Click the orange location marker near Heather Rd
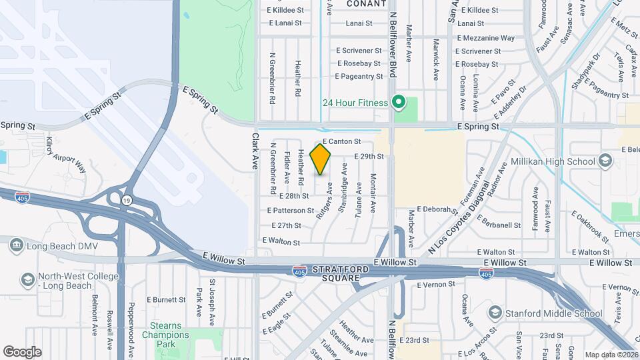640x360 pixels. click(320, 159)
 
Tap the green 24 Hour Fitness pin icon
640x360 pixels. click(399, 103)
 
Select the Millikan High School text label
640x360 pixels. click(553, 161)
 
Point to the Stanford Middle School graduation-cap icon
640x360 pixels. click(495, 313)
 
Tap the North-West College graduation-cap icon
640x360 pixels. click(27, 279)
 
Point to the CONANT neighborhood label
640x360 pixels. click(367, 3)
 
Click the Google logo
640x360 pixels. click(22, 352)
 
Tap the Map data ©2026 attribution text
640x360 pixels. click(611, 355)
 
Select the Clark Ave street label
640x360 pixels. click(255, 151)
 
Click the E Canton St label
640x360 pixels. click(341, 142)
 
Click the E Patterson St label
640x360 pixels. click(291, 211)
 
